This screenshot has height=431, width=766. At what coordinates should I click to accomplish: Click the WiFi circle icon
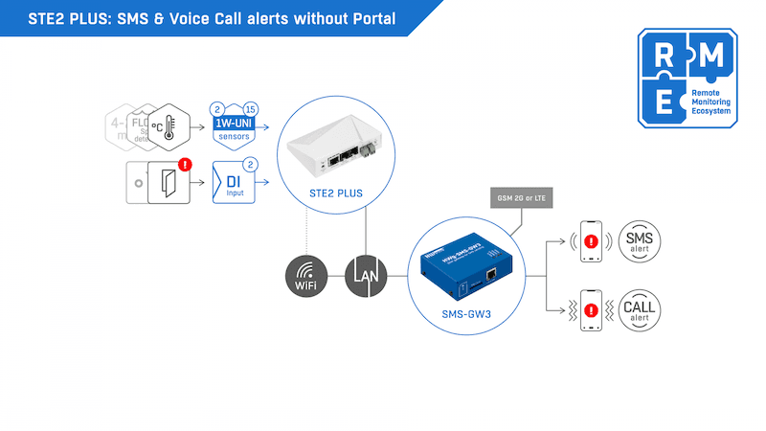point(305,276)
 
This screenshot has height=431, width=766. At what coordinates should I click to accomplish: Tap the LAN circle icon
point(369,276)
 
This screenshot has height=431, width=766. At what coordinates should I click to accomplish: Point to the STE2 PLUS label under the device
point(337,193)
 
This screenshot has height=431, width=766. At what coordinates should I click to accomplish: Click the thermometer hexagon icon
point(169,126)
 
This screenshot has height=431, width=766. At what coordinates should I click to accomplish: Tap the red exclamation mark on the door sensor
point(186,165)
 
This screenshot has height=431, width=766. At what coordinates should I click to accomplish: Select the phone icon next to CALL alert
point(590,311)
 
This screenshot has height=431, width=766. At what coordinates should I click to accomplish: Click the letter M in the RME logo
point(711,57)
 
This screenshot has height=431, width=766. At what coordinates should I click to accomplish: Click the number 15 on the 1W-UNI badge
point(250,108)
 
